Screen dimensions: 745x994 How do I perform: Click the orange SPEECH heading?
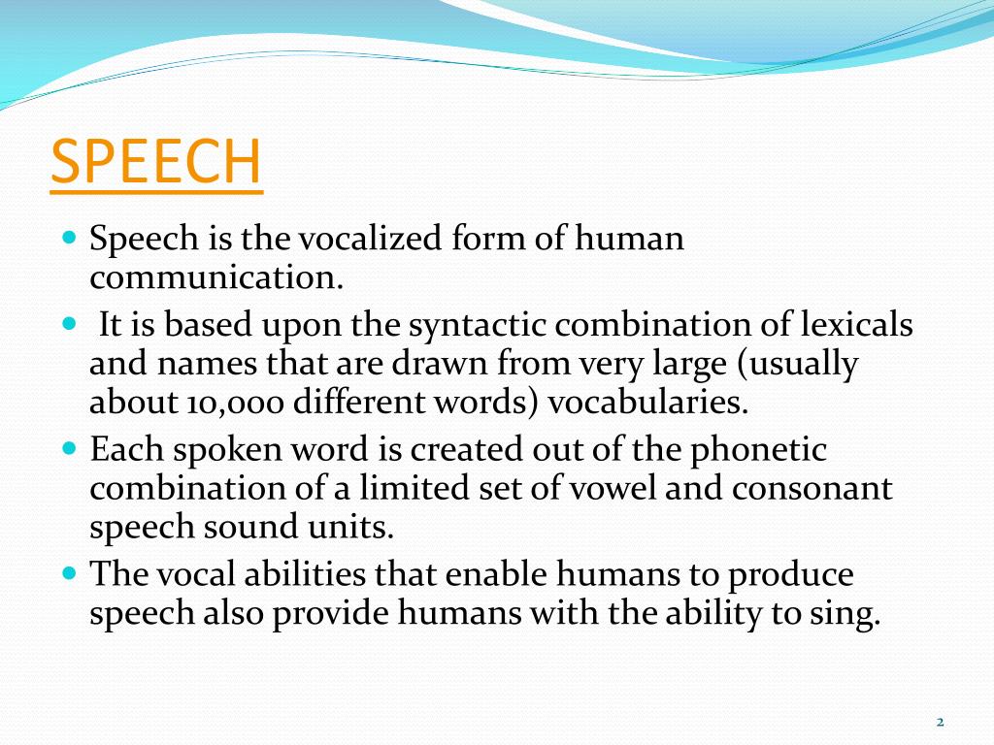click(155, 162)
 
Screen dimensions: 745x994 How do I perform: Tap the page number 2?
click(940, 721)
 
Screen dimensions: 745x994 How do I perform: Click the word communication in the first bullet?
click(216, 279)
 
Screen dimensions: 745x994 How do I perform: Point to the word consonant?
click(812, 488)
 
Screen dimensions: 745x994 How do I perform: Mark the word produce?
click(791, 576)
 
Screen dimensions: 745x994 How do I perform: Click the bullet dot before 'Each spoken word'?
click(68, 450)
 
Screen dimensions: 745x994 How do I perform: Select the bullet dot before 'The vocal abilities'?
click(68, 573)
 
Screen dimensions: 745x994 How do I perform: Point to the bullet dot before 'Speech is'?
click(68, 238)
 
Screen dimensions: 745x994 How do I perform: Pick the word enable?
click(497, 574)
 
